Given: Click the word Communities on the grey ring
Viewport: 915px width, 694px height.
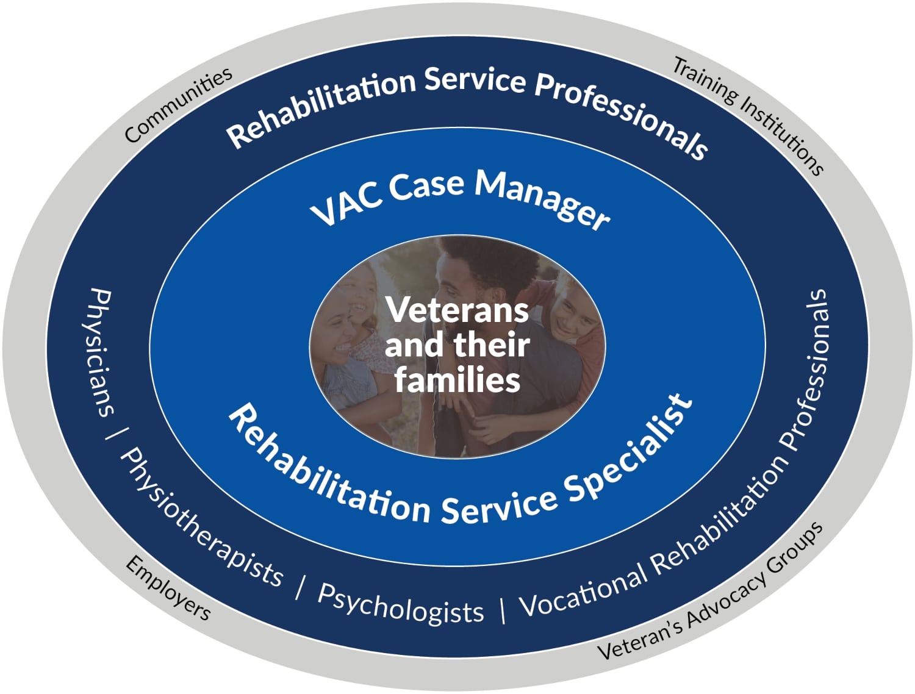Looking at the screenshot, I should coord(178,105).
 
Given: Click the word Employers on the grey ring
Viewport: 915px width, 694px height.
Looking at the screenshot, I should coord(168,588).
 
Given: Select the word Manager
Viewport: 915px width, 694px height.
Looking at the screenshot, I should coord(543,198).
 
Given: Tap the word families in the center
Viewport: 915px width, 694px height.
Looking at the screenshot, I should coord(457,381).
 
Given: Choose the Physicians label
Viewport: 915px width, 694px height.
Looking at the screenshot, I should coord(100,352).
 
